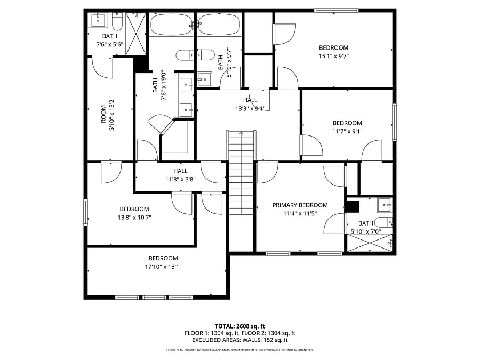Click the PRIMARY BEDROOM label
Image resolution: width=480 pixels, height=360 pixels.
pos(300,205)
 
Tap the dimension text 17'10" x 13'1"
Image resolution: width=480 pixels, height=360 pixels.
pos(163,267)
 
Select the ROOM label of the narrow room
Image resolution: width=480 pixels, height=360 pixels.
pos(103,114)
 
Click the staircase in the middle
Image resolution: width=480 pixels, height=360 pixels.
pos(241,173)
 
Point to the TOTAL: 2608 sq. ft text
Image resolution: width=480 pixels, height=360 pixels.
pos(239,326)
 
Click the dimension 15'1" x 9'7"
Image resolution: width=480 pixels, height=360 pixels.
pos(334,56)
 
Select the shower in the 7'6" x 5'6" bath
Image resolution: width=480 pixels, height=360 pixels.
pos(136,34)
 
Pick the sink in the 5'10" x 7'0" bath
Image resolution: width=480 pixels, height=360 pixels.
pos(385,205)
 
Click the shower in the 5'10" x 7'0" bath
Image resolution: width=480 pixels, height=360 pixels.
pos(370,243)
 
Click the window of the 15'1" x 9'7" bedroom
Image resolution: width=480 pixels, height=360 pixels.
pos(337,11)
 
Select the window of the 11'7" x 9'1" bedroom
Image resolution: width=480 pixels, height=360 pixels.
pos(394,123)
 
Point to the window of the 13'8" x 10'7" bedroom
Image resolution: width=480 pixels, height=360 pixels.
pos(86,212)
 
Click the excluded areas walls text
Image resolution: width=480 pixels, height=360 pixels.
pos(239,340)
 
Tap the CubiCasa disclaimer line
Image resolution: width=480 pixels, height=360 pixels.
pos(239,350)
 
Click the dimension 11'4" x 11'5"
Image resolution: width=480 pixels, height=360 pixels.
pos(300,214)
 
